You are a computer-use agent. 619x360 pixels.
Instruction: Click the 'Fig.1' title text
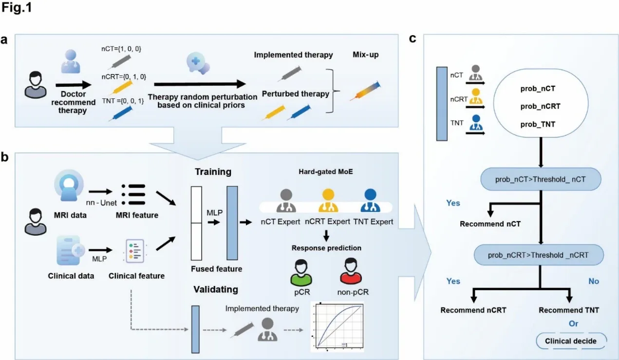click(17, 7)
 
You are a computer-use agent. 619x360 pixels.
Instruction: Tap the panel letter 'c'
click(413, 38)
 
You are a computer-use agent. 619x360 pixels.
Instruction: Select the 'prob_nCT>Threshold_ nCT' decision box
click(541, 179)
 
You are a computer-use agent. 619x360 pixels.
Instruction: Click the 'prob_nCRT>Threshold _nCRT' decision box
click(539, 255)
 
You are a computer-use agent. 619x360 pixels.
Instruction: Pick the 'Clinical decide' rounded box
click(571, 341)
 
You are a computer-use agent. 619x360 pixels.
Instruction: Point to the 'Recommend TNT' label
click(569, 310)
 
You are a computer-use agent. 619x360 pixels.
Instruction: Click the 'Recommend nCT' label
click(490, 224)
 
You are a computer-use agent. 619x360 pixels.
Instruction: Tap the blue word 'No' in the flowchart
click(594, 281)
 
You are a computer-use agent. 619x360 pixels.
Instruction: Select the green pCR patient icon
click(301, 272)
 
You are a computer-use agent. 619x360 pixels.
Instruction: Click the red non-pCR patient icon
click(350, 271)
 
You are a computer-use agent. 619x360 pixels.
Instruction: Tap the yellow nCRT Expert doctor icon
click(328, 201)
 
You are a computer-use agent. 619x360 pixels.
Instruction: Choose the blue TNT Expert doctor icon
click(370, 201)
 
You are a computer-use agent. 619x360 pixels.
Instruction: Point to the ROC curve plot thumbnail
click(337, 326)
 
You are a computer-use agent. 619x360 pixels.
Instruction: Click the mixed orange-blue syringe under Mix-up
click(365, 91)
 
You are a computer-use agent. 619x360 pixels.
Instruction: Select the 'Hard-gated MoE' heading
click(325, 171)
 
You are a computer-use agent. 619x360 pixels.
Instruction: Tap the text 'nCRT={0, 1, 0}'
click(124, 76)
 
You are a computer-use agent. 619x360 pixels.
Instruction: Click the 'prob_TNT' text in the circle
click(538, 124)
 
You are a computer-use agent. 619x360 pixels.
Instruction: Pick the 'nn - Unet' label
click(101, 203)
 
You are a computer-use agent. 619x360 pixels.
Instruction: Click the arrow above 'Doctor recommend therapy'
click(73, 85)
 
